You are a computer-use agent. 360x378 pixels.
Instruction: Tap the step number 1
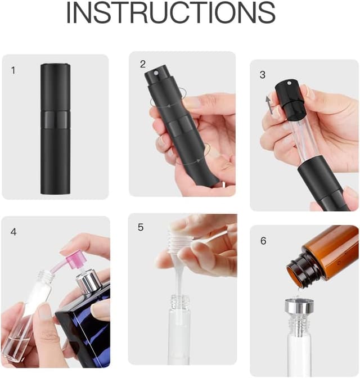pyautogui.click(x=13, y=70)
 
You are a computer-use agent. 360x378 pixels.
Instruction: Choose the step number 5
pyautogui.click(x=141, y=227)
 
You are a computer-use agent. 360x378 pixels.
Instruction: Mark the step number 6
pyautogui.click(x=263, y=241)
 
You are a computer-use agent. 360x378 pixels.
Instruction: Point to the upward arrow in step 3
pyautogui.click(x=268, y=105)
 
